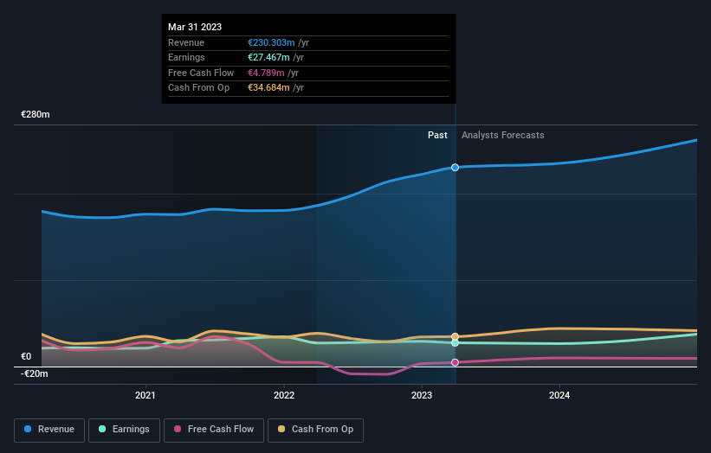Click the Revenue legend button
point(50,430)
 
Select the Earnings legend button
point(124,430)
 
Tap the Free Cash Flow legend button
point(214,430)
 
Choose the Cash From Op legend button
point(315,430)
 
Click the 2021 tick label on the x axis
point(145,396)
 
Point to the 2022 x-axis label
point(284,396)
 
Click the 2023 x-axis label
point(422,396)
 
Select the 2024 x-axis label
point(559,396)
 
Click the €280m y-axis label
point(36,115)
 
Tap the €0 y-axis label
point(26,356)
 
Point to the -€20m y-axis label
point(35,373)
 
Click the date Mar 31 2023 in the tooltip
point(196,26)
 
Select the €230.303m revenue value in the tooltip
point(271,42)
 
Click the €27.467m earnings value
point(268,57)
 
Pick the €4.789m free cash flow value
point(266,73)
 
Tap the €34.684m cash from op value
point(268,87)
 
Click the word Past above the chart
point(437,135)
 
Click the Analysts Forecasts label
point(503,135)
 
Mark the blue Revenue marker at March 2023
point(455,167)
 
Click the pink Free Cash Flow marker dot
point(455,362)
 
